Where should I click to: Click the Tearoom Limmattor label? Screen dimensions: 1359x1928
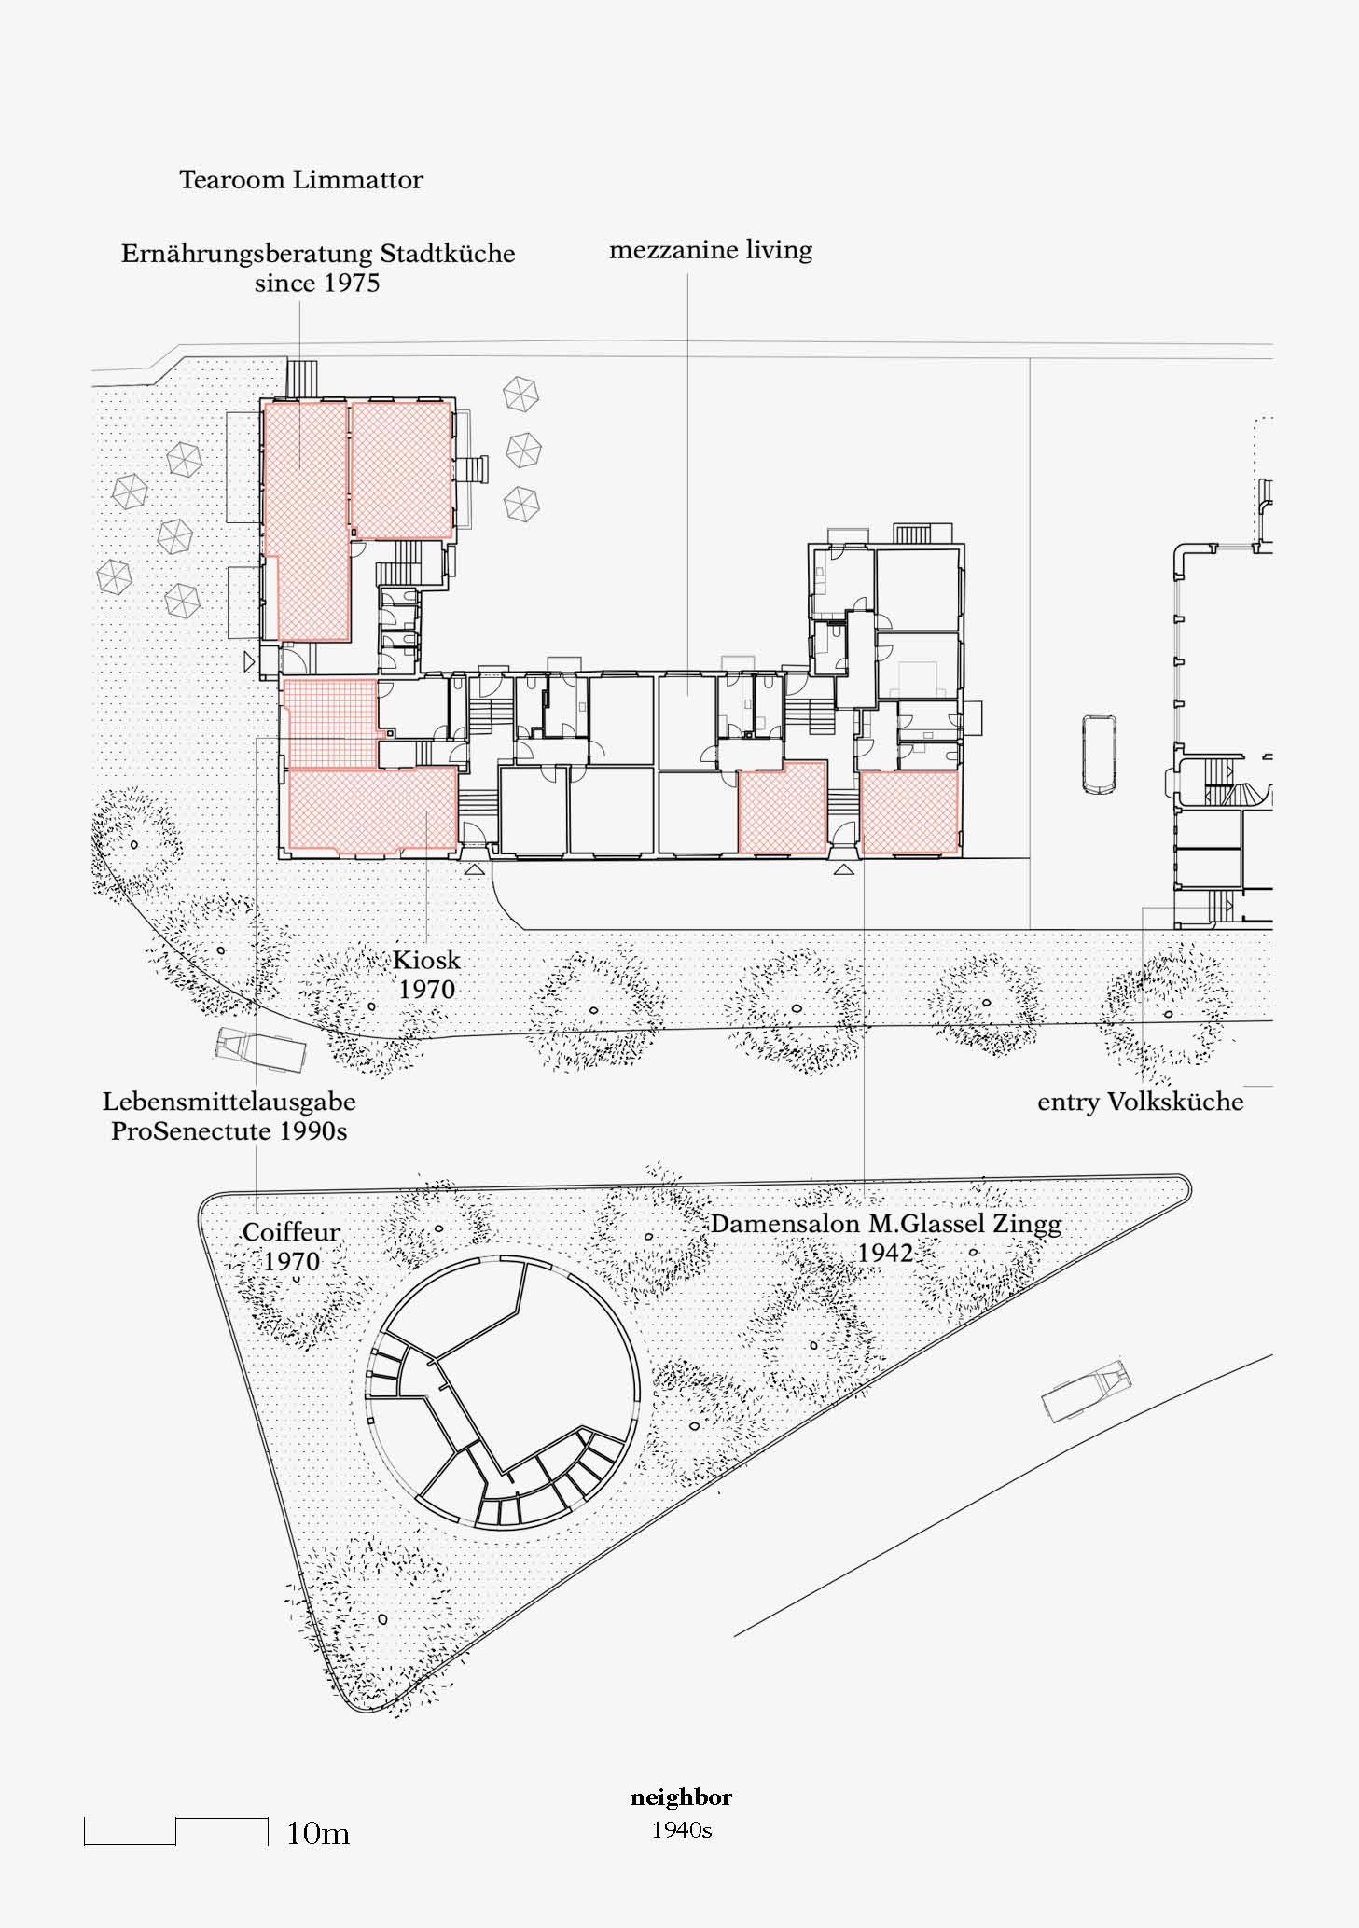301,179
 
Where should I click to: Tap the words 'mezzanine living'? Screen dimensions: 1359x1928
711,250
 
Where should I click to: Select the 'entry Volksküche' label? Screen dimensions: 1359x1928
1141,1102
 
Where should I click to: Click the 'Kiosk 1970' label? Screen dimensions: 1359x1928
427,975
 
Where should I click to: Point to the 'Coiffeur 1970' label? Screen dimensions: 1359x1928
292,1247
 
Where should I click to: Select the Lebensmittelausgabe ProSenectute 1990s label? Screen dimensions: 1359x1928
229,1117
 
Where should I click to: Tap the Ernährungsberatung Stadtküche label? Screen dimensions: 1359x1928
318,254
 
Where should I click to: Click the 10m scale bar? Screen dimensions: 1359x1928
176,1831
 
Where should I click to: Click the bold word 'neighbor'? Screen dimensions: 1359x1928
682,1797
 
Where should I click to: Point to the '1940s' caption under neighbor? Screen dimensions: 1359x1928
682,1830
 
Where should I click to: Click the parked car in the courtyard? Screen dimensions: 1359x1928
1100,755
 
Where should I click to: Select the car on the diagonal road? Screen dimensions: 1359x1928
1085,1391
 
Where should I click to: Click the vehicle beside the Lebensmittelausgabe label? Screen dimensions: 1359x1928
261,1050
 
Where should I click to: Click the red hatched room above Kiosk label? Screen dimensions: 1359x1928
372,810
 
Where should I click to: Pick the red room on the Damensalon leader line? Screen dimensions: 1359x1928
909,812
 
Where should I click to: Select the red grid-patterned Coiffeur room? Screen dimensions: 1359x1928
331,723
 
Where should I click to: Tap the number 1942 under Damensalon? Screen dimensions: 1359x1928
885,1253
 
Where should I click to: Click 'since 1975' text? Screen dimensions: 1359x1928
317,284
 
